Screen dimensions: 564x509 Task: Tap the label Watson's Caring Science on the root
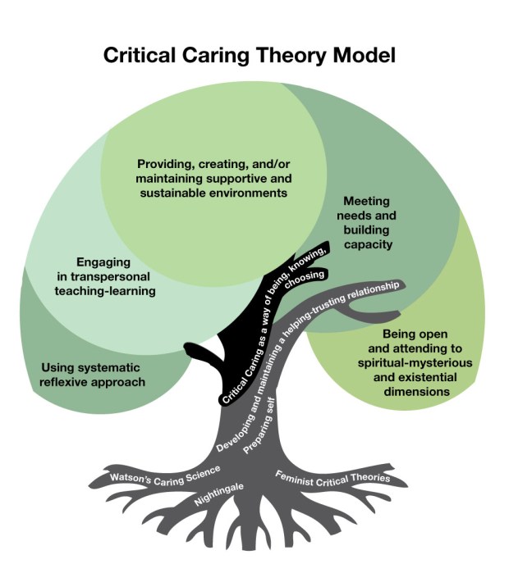165,474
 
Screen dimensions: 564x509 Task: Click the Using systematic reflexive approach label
93,375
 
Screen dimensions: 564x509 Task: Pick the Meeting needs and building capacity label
367,222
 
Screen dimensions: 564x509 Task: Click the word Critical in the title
136,56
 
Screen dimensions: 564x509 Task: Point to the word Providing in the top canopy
165,164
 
